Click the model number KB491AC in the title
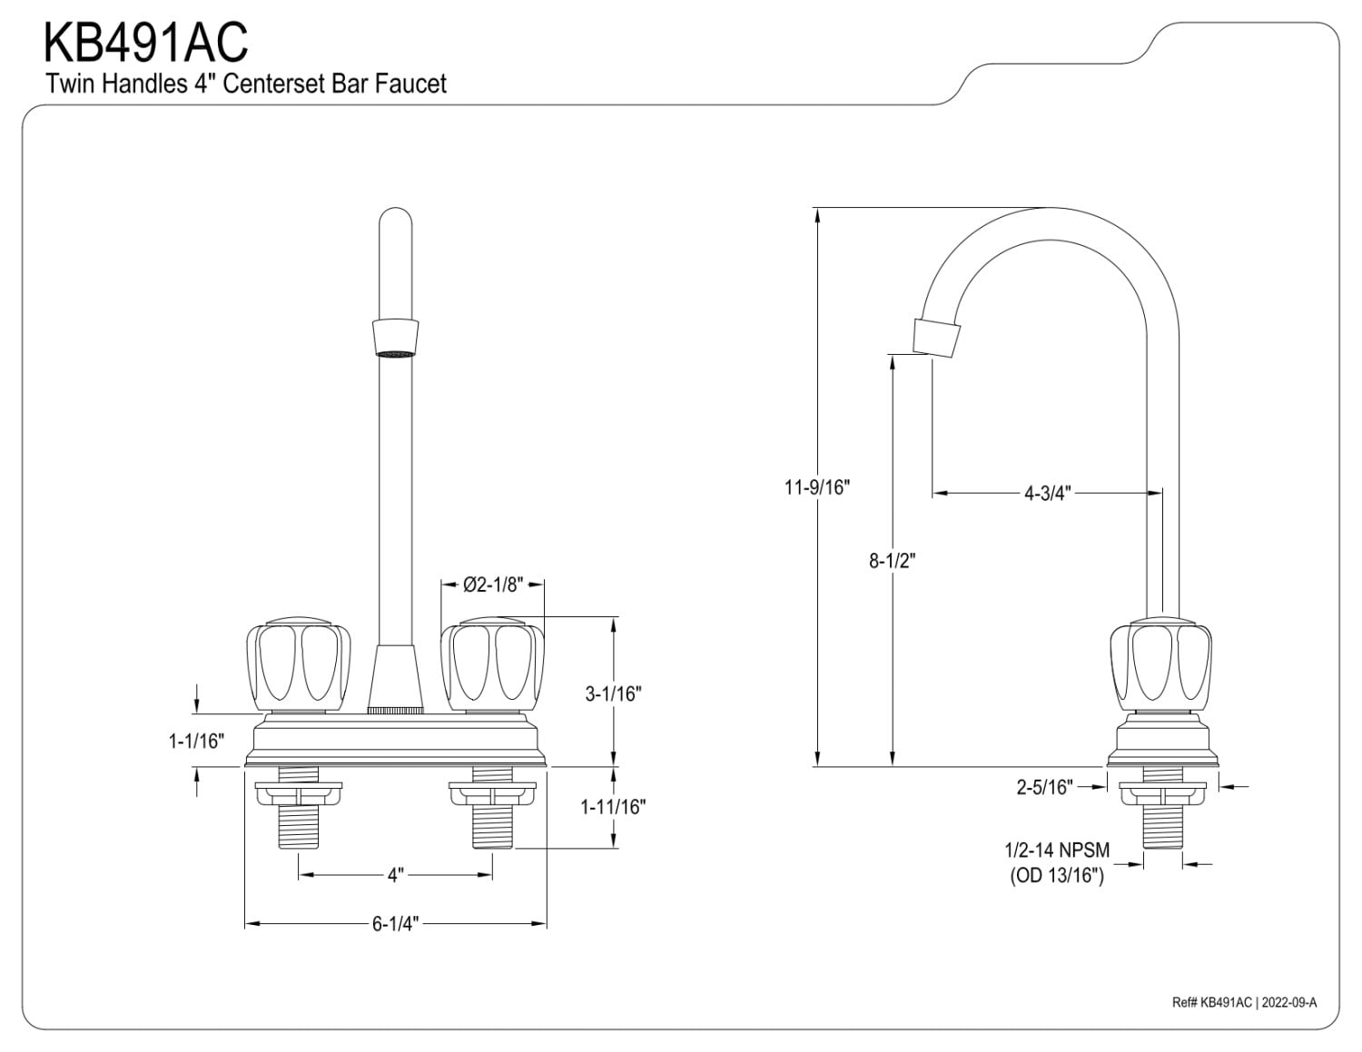pyautogui.click(x=145, y=42)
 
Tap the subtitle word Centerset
pyautogui.click(x=280, y=84)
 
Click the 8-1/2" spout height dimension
pyautogui.click(x=892, y=561)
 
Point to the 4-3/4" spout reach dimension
pyautogui.click(x=1048, y=494)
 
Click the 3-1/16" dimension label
pyautogui.click(x=613, y=694)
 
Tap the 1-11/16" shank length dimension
pyautogui.click(x=613, y=807)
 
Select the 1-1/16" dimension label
pyautogui.click(x=196, y=742)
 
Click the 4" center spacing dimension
pyautogui.click(x=395, y=876)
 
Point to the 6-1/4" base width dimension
pyautogui.click(x=395, y=925)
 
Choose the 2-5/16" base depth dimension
pyautogui.click(x=1044, y=787)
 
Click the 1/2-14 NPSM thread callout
pyautogui.click(x=1056, y=851)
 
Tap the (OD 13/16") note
pyautogui.click(x=1057, y=877)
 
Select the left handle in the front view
pyautogui.click(x=298, y=665)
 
